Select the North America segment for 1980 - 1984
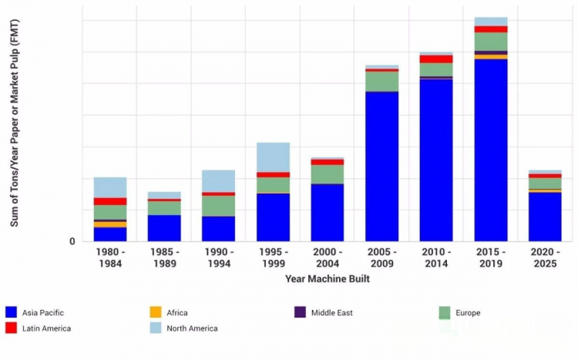[110, 187]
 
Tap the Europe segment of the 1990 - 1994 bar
[219, 206]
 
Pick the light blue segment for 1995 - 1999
[273, 157]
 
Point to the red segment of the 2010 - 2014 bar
[436, 59]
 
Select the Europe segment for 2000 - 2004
[328, 174]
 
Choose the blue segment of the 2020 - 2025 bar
[545, 217]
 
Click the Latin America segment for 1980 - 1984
[110, 201]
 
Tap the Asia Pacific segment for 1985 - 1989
[164, 228]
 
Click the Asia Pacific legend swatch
[11, 312]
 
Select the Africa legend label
[176, 313]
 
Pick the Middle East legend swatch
[300, 312]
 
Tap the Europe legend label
[467, 313]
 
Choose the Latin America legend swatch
[11, 328]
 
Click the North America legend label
[192, 328]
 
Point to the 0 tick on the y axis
[72, 241]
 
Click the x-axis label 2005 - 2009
[382, 258]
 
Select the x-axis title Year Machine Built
[327, 279]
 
